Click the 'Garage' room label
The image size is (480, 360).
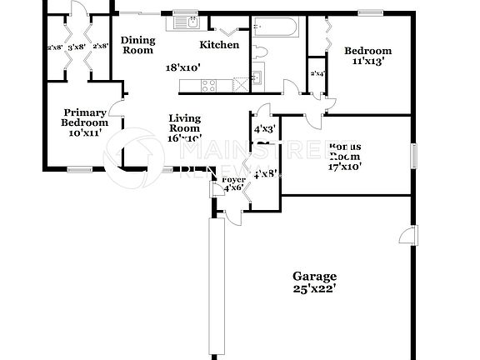pos(314,276)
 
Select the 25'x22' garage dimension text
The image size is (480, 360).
pos(314,289)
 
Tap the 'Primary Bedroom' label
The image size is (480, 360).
pos(85,117)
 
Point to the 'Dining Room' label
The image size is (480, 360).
pos(137,44)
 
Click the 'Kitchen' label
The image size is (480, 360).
pos(219,45)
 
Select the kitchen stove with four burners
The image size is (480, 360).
pos(207,83)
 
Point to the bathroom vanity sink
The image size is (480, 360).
pos(257,78)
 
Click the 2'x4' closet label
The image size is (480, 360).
pos(317,74)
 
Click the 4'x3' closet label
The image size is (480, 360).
pos(264,127)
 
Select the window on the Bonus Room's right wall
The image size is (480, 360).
pos(412,155)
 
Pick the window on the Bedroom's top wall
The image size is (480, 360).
pos(369,12)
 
